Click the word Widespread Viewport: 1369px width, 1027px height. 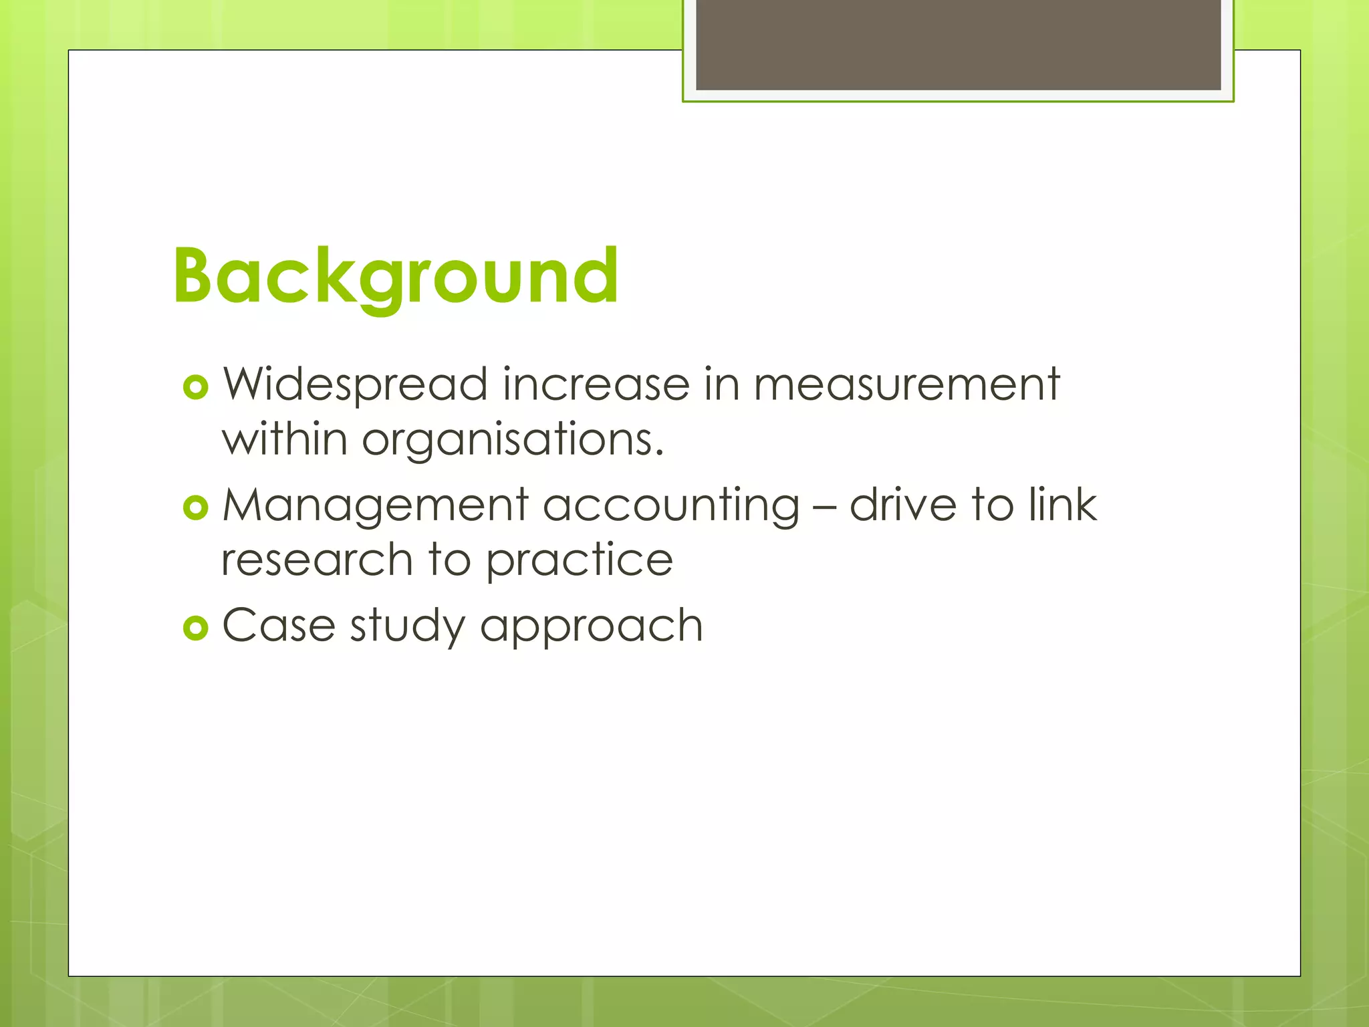[355, 385]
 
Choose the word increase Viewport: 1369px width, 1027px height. [596, 385]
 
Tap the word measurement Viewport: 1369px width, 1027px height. [906, 385]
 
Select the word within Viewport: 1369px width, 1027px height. [285, 440]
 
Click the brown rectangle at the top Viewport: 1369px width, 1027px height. [958, 44]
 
